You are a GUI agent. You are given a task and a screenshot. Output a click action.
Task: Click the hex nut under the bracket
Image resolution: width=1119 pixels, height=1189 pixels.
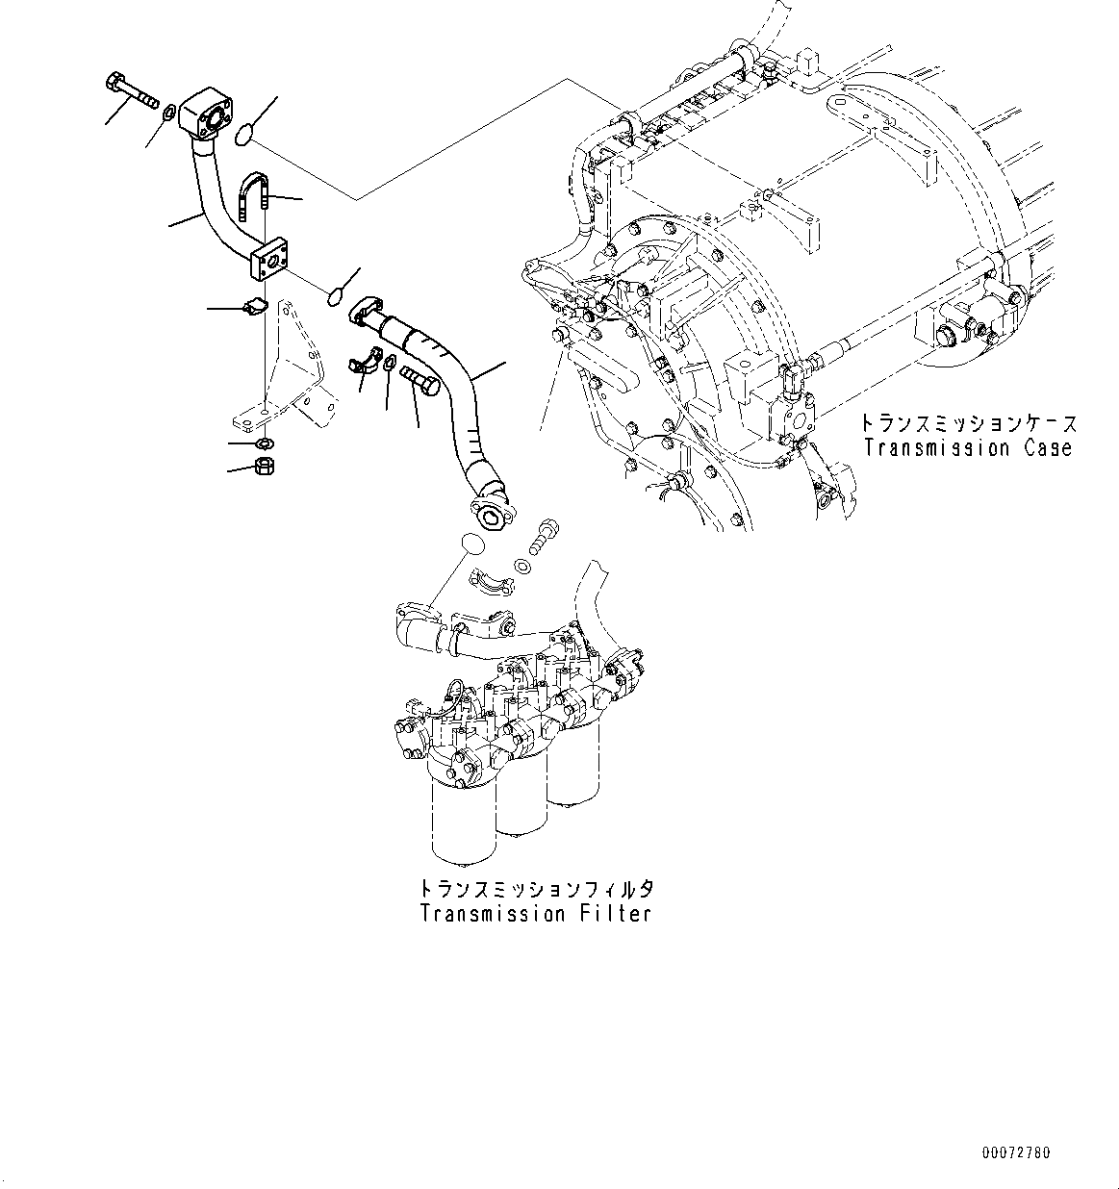point(263,468)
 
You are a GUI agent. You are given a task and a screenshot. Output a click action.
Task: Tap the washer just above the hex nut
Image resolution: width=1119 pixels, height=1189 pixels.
point(264,443)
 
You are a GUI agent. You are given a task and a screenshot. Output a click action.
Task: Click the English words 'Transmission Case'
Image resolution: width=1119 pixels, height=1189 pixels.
point(967,448)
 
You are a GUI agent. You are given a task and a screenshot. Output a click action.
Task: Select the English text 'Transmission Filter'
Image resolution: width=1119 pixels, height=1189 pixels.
point(535,914)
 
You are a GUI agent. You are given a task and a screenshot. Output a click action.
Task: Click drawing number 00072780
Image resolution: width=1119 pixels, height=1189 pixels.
point(1016,1152)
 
